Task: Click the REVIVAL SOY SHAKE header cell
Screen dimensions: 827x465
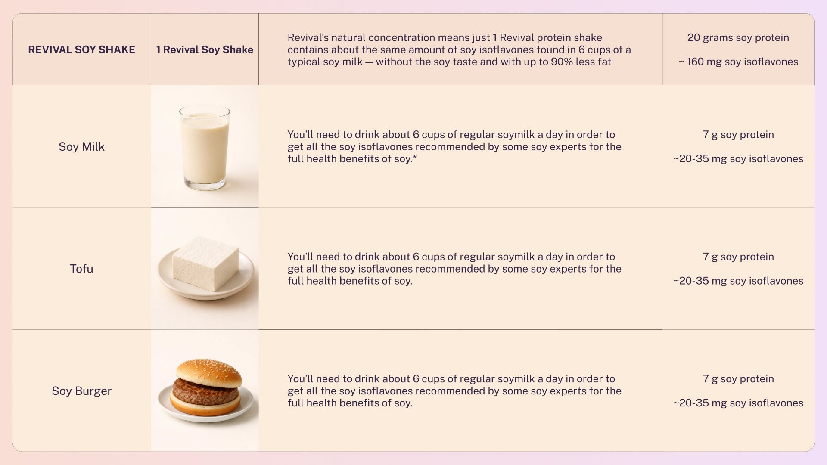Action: [x=81, y=50]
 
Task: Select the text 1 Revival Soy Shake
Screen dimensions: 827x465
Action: [x=205, y=50]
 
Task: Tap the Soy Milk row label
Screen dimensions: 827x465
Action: [x=81, y=147]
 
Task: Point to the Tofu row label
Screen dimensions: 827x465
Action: [x=81, y=269]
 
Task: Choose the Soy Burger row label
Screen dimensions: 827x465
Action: [x=81, y=391]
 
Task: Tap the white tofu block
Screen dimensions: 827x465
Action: [x=205, y=263]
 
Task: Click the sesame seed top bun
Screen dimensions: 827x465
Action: [x=209, y=373]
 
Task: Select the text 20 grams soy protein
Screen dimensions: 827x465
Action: [x=738, y=37]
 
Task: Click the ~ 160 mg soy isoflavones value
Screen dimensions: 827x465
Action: [x=738, y=62]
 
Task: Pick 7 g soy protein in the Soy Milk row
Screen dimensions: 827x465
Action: [x=738, y=135]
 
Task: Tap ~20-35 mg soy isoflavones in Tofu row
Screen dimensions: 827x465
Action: [x=738, y=281]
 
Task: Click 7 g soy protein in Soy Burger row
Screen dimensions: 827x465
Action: [x=738, y=379]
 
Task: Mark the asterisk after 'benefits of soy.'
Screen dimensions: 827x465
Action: [x=415, y=157]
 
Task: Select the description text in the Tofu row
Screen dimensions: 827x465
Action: [x=454, y=269]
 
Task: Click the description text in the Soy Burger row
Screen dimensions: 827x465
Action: [x=454, y=391]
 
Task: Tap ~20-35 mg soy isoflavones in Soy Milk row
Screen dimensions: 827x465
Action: [x=738, y=159]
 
